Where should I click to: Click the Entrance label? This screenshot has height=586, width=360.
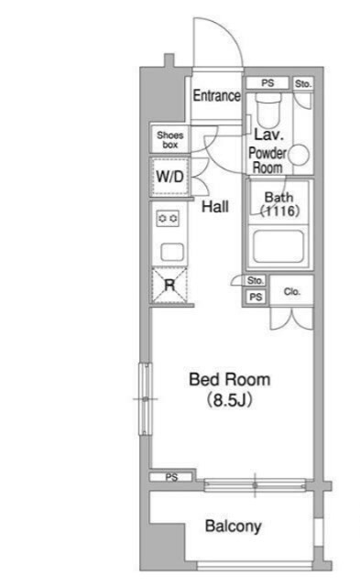[216, 95]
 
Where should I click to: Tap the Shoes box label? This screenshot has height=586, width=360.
[170, 140]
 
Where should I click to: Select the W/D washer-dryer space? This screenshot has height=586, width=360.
[169, 177]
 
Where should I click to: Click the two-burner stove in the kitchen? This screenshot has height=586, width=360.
[168, 218]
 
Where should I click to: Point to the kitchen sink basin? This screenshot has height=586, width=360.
[172, 252]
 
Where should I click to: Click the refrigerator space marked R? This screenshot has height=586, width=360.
[169, 286]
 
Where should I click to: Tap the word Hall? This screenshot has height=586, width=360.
[215, 207]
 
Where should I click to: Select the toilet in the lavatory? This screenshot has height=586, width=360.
[267, 110]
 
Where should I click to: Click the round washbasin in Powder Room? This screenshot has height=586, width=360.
[299, 155]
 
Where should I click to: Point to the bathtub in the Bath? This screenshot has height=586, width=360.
[278, 246]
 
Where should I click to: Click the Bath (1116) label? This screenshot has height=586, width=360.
[279, 203]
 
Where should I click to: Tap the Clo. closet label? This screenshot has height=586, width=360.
[292, 291]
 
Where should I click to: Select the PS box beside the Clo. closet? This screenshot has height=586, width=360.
[256, 297]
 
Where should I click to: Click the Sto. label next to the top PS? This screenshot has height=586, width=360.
[303, 83]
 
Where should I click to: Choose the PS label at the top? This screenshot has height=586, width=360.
[267, 82]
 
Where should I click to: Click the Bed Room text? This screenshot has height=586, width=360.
[230, 380]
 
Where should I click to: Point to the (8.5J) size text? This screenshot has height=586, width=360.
[230, 400]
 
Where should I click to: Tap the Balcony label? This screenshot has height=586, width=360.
[234, 526]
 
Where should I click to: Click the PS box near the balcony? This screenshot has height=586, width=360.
[171, 477]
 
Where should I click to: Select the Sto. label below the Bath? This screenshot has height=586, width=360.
[256, 280]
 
